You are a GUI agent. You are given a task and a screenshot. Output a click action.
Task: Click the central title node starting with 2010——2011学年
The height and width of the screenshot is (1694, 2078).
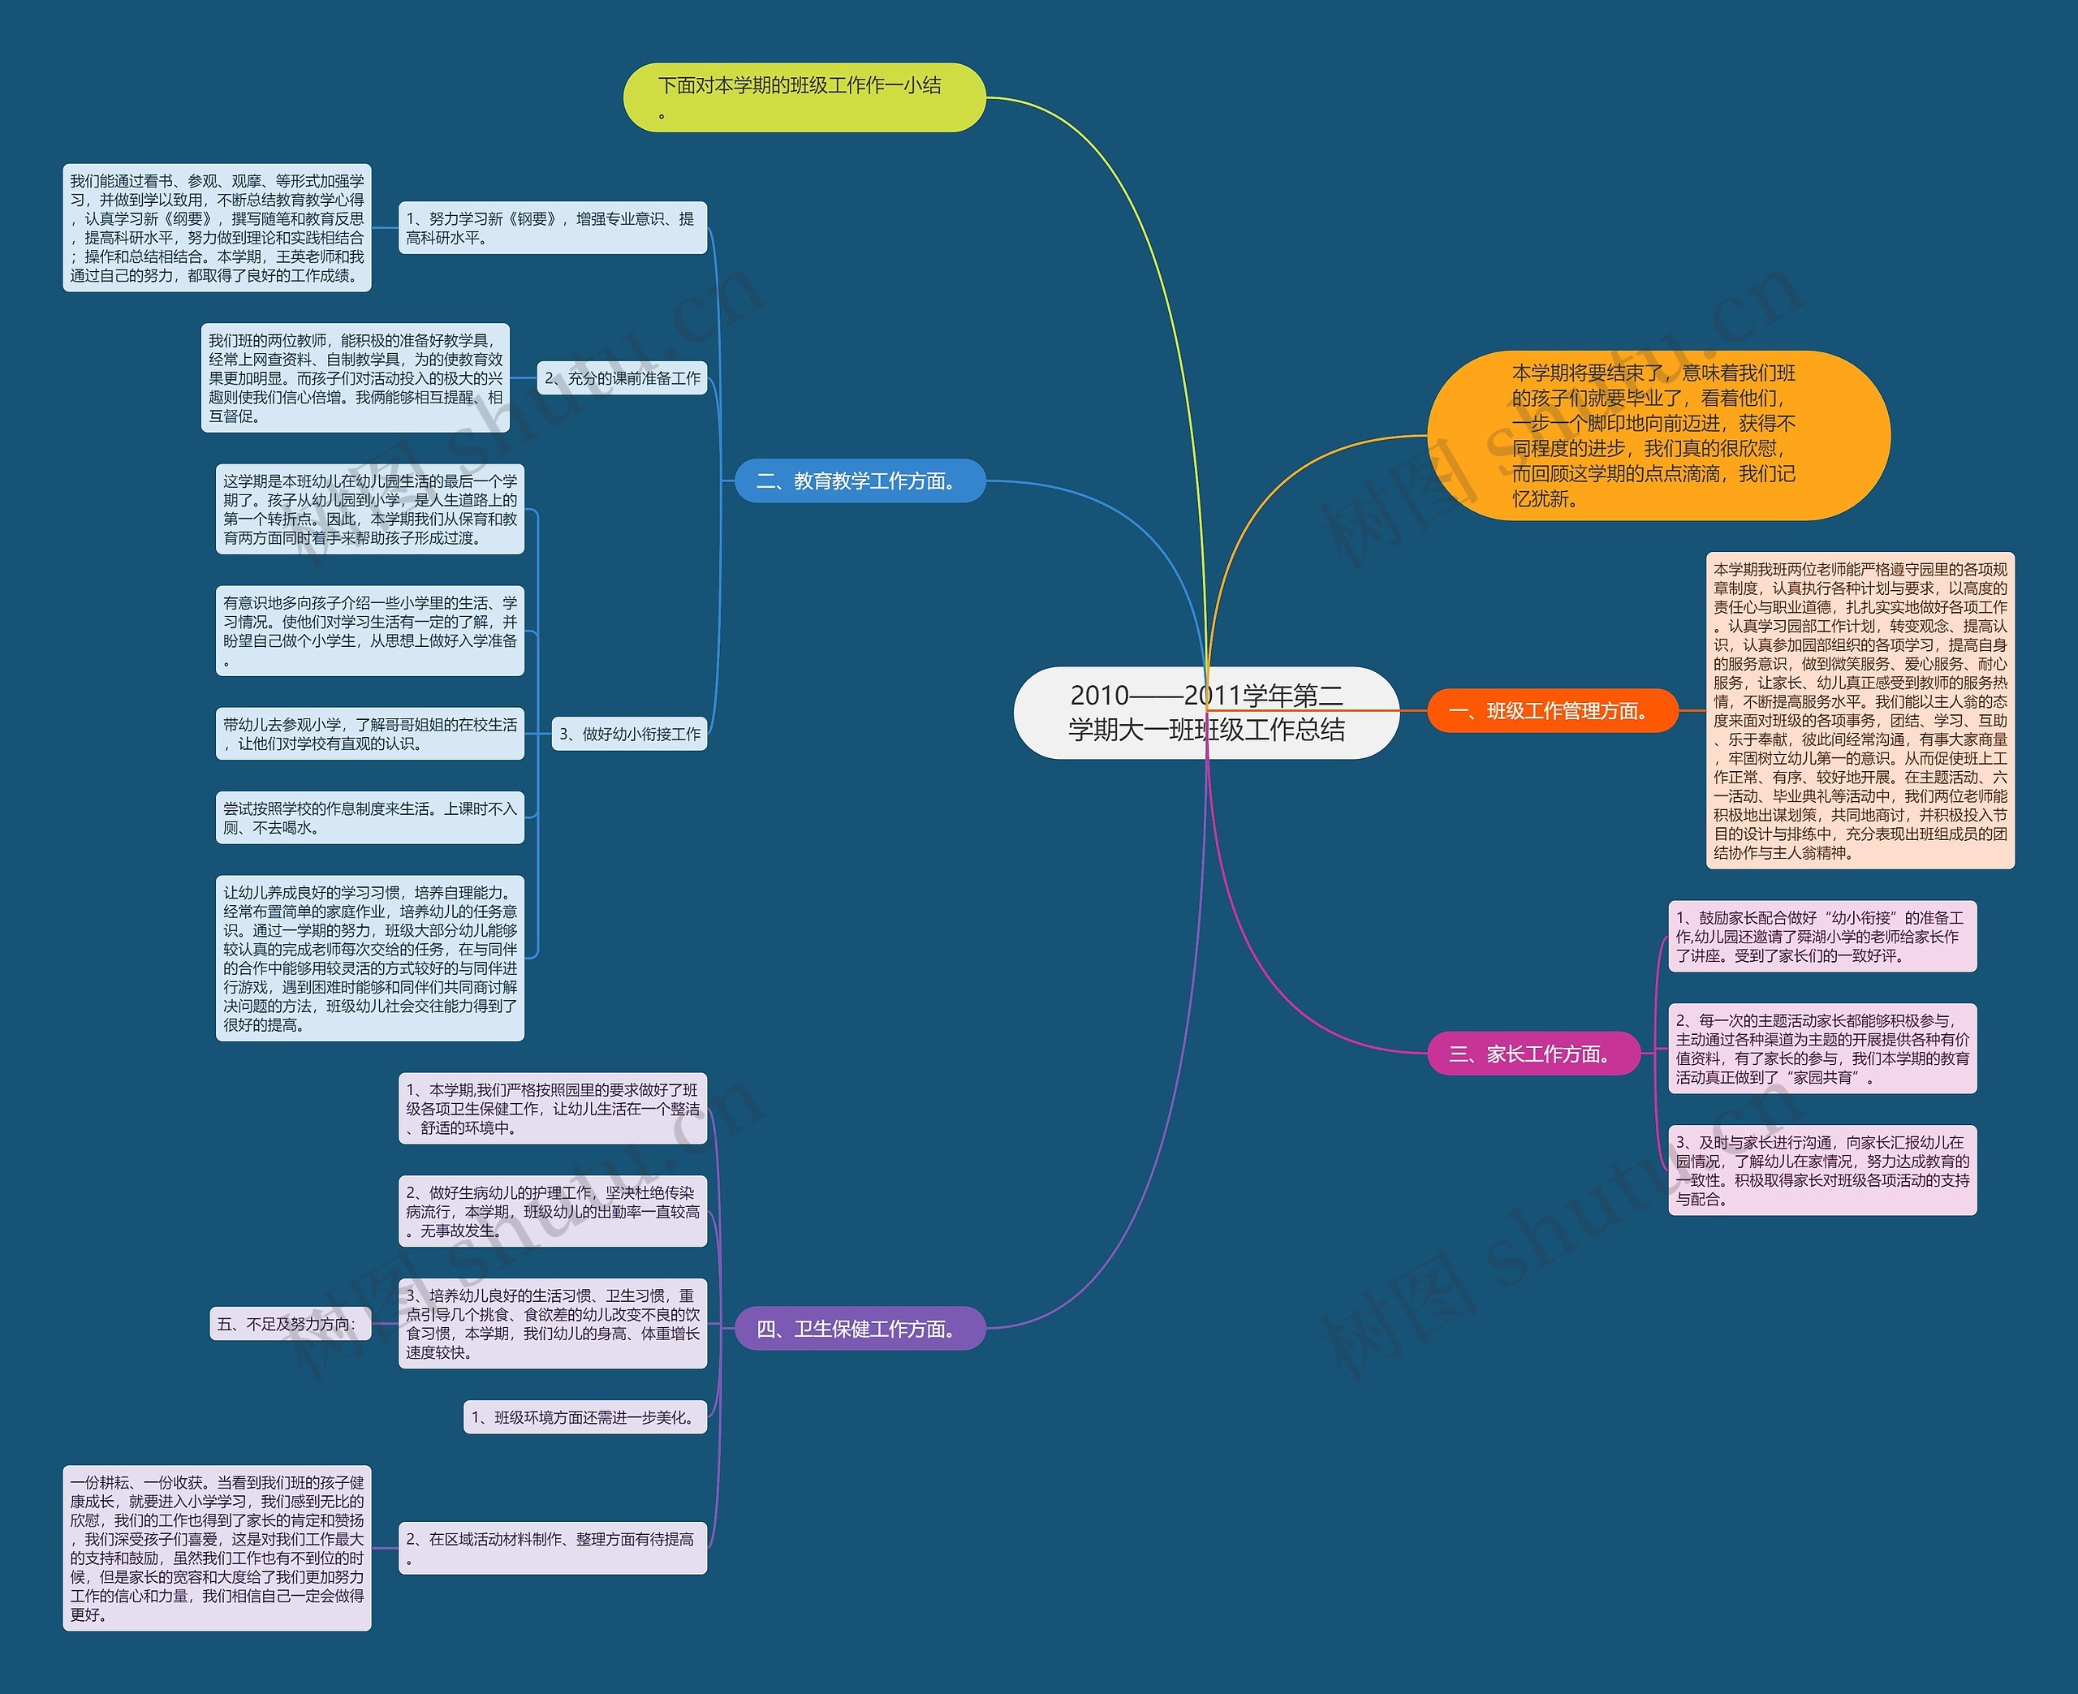[1206, 713]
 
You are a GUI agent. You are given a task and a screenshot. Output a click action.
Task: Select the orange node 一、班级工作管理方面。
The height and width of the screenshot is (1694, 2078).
[1552, 710]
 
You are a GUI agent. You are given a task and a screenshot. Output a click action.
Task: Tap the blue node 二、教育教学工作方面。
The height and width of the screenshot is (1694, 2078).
[860, 481]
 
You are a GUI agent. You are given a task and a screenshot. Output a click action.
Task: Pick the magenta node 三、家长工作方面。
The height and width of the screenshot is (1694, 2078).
[1533, 1054]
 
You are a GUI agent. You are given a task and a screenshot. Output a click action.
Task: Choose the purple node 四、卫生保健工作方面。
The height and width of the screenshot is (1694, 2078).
[860, 1329]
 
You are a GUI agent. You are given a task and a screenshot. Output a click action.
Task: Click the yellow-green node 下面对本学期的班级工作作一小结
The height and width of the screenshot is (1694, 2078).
[804, 97]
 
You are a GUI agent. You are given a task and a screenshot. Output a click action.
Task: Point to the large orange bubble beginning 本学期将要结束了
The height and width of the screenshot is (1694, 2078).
[1658, 435]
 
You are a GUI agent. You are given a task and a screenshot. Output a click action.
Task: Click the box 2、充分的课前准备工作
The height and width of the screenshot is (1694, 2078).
[623, 378]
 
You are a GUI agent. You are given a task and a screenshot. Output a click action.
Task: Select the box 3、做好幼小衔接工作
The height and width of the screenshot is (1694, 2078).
[629, 734]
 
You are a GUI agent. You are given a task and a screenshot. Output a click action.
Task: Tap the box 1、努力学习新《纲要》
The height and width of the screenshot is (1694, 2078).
[552, 228]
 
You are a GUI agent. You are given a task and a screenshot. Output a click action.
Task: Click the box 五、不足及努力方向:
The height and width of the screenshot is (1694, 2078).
[290, 1324]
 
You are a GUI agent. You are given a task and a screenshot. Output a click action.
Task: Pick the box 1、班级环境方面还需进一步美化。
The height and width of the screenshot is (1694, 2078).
[584, 1418]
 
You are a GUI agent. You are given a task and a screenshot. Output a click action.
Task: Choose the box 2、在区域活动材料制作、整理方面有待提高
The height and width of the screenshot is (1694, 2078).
[552, 1549]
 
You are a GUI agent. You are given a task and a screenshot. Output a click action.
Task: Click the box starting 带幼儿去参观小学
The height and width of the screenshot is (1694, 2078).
[370, 734]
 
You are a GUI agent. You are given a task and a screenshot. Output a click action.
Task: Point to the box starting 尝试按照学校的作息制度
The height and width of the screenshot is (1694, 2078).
[370, 817]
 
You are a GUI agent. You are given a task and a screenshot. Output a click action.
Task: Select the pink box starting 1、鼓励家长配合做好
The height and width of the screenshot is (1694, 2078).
[1822, 937]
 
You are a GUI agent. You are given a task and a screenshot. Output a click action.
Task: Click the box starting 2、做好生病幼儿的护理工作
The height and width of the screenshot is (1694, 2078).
[552, 1212]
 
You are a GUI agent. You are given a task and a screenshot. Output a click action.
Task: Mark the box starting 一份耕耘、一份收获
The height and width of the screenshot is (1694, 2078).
[217, 1549]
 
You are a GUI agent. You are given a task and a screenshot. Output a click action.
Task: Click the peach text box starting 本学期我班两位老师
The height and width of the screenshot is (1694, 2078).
[1860, 710]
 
